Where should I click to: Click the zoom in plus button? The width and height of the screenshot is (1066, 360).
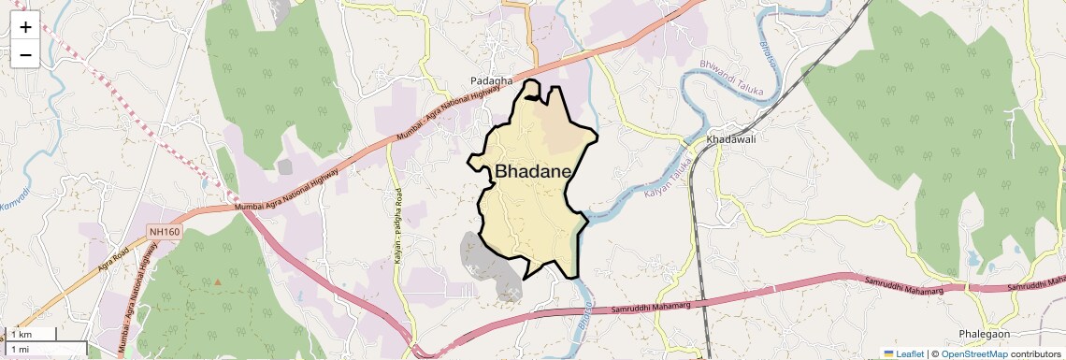click(25, 27)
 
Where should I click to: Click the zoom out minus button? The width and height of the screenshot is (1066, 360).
click(25, 55)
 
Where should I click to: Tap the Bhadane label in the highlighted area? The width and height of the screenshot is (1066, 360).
click(533, 172)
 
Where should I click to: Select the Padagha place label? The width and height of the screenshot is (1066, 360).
click(491, 81)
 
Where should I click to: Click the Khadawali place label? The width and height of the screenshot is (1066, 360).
click(731, 139)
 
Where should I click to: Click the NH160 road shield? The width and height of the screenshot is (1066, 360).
click(163, 229)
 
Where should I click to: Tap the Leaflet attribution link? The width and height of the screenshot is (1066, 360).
click(903, 353)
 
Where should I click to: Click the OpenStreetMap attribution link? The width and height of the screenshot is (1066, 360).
click(973, 353)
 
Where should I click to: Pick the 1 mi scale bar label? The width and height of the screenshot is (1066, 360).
click(20, 349)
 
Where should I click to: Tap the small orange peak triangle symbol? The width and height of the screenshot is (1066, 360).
click(219, 281)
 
